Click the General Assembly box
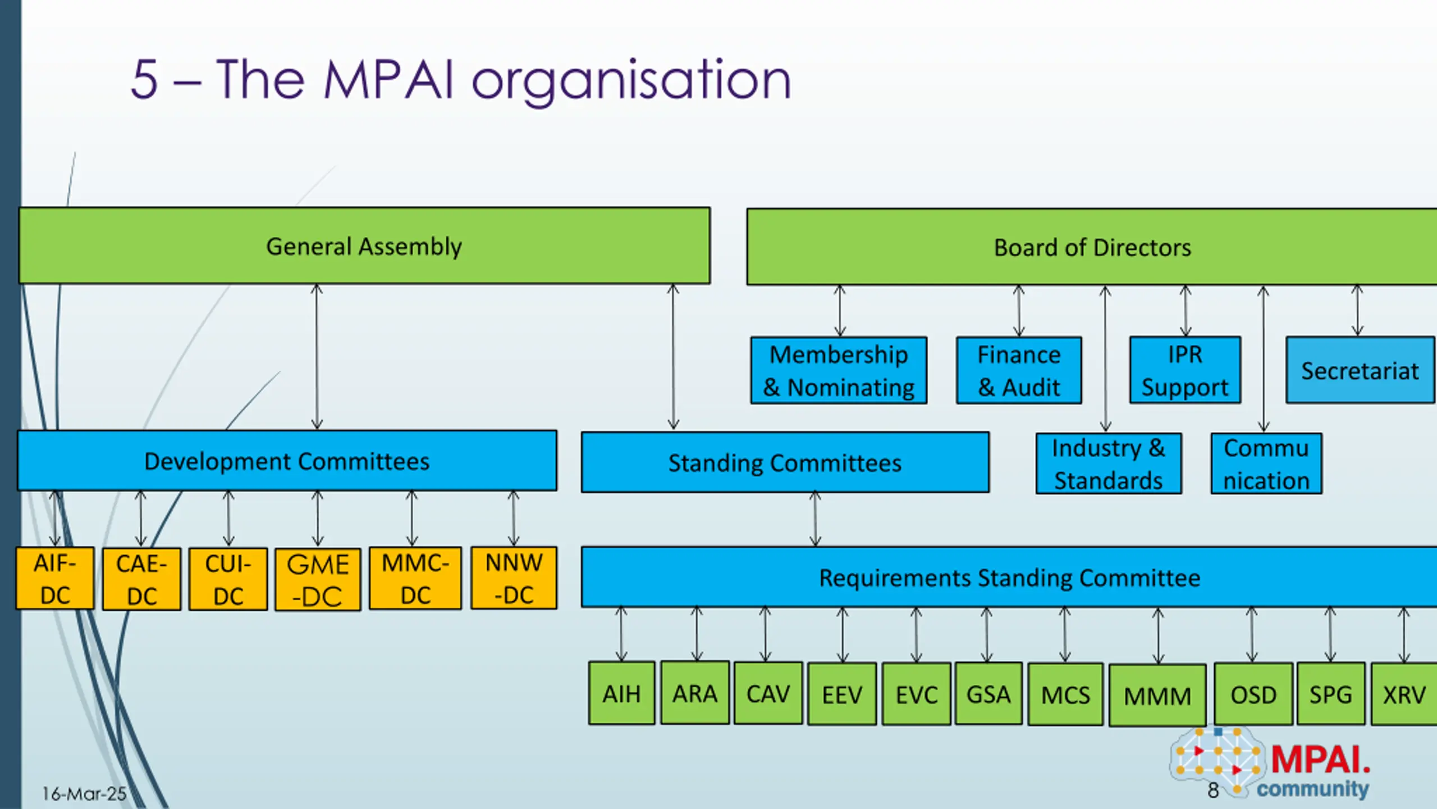tap(364, 246)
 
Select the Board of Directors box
tap(1092, 247)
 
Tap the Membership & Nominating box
tap(839, 370)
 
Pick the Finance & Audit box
tap(1019, 370)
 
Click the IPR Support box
tap(1185, 370)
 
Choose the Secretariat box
tap(1360, 370)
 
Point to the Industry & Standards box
tap(1109, 463)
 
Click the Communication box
tap(1266, 463)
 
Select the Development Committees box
tap(287, 461)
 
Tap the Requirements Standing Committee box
tap(1009, 577)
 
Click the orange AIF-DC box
tap(55, 578)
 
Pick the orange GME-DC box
tap(318, 579)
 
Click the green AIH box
tap(621, 693)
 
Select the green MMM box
tap(1157, 695)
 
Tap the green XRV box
tap(1403, 694)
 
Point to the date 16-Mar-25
tap(84, 793)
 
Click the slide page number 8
tap(1213, 790)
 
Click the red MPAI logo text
tap(1320, 760)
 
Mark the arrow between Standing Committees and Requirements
tap(815, 519)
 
